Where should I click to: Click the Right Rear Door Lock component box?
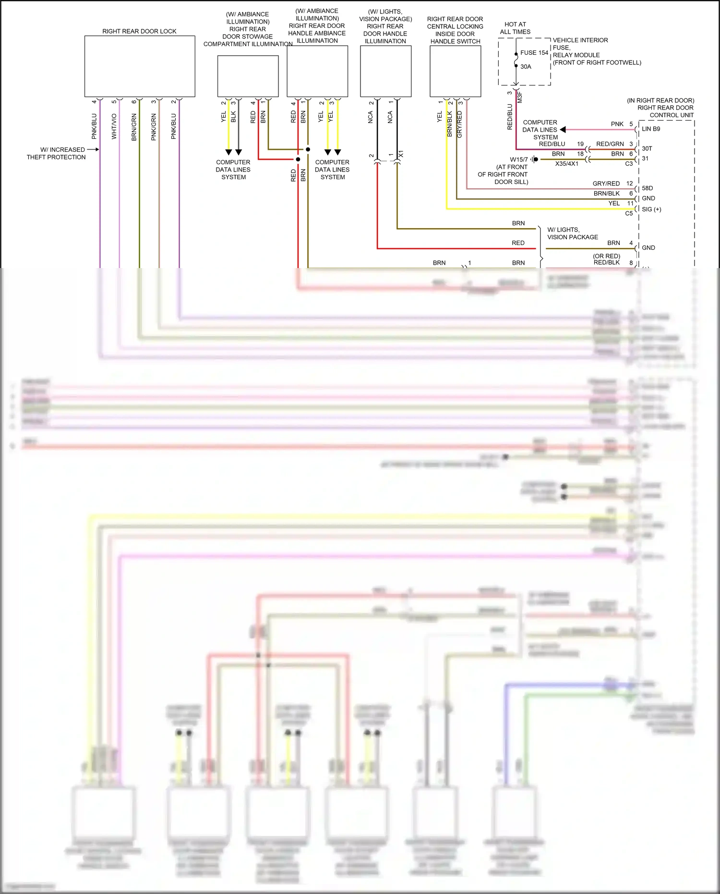[x=140, y=66]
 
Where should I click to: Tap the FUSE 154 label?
[x=534, y=53]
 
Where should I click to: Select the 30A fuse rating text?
[x=526, y=67]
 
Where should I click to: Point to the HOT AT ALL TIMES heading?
[x=515, y=28]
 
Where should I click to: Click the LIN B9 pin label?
[x=651, y=129]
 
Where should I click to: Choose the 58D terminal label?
[x=647, y=188]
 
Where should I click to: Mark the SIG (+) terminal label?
[x=651, y=209]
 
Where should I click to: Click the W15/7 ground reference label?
[x=518, y=159]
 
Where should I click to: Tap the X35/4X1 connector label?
[x=566, y=164]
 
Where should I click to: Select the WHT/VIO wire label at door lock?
[x=114, y=126]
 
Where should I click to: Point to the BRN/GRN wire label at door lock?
[x=134, y=127]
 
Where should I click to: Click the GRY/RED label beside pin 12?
[x=606, y=184]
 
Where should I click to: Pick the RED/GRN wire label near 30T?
[x=610, y=144]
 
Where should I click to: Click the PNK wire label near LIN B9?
[x=617, y=124]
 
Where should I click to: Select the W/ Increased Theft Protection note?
[x=56, y=153]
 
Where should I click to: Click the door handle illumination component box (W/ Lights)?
[x=385, y=71]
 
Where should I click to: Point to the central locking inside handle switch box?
[x=455, y=71]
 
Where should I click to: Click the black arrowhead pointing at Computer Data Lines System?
[x=563, y=130]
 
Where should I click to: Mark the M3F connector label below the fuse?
[x=520, y=98]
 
